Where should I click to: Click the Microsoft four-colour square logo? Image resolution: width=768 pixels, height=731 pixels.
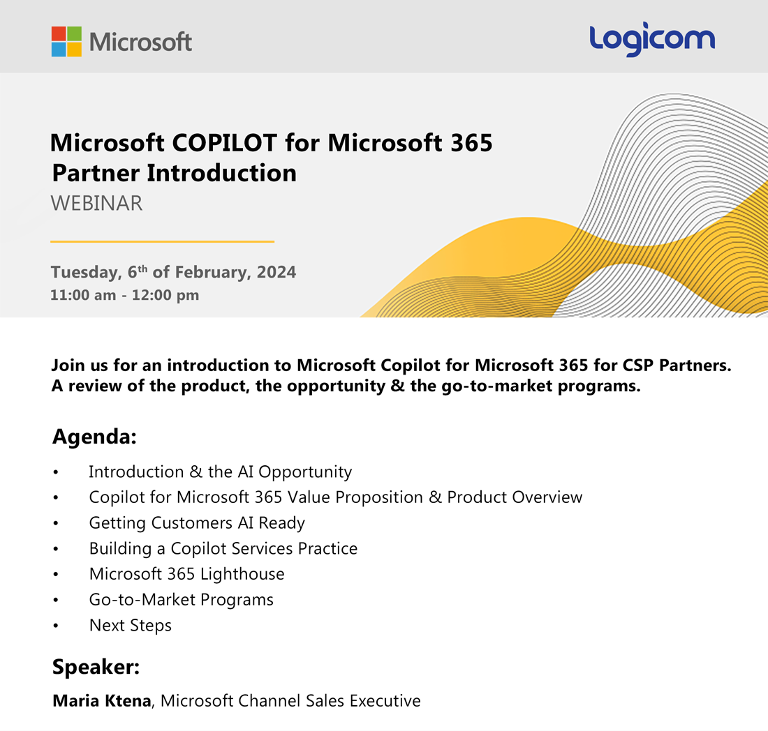[66, 41]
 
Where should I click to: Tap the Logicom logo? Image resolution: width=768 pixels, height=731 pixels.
[651, 40]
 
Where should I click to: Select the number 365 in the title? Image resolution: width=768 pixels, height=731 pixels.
[469, 143]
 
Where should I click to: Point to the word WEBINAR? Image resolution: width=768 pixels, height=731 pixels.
[96, 203]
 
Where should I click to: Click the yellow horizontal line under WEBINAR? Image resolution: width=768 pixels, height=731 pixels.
[162, 241]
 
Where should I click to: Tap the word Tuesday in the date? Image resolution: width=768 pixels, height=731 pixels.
[81, 272]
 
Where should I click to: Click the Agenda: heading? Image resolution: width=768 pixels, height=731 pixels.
[94, 438]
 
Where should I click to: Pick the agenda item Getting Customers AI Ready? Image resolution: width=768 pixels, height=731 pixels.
[197, 522]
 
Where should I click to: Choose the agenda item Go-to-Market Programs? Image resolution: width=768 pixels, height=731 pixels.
[181, 599]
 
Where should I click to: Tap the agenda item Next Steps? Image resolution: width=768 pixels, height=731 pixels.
[130, 625]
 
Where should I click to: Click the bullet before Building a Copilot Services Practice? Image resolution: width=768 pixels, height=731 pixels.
[56, 549]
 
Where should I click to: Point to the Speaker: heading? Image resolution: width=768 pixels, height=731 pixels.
[96, 667]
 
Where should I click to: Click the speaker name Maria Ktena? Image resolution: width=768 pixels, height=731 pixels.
[101, 700]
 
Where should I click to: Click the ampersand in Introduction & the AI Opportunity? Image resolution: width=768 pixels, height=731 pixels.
[195, 472]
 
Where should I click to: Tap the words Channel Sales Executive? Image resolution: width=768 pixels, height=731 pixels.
[331, 700]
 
